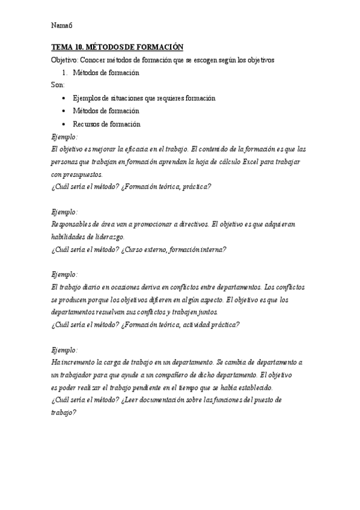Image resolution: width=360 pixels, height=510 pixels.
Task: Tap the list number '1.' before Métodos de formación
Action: [x=65, y=73]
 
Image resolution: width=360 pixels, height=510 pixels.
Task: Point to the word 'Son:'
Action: [x=58, y=85]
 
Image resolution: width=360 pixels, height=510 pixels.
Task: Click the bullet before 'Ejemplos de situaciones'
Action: [x=64, y=98]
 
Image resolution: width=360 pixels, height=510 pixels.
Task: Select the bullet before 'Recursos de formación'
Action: [x=64, y=124]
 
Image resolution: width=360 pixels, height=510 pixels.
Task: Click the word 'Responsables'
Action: [x=72, y=224]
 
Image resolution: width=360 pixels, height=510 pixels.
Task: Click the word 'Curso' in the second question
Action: [x=138, y=250]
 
